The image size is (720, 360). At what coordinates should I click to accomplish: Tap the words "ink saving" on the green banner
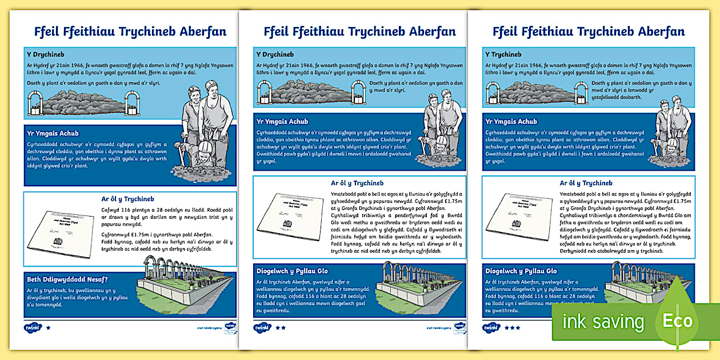[x=603, y=322]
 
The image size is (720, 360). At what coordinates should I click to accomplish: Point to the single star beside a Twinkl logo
[x=48, y=328]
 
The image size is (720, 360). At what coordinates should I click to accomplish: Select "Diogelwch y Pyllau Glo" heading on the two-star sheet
[x=292, y=271]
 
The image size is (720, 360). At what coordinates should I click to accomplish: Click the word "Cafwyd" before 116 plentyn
[x=111, y=209]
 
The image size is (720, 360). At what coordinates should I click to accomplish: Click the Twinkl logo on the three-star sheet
[x=491, y=328]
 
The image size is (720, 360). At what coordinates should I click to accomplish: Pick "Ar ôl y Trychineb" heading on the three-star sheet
[x=586, y=183]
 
